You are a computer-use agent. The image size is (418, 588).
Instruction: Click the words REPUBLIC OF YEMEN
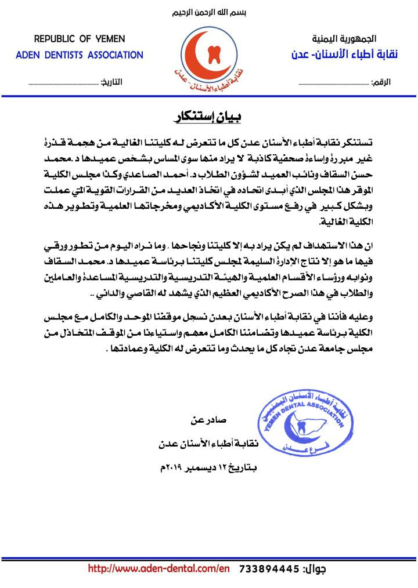[80, 39]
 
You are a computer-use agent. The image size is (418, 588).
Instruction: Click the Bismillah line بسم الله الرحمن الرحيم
[208, 13]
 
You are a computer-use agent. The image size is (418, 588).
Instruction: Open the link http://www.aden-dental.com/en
[159, 569]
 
